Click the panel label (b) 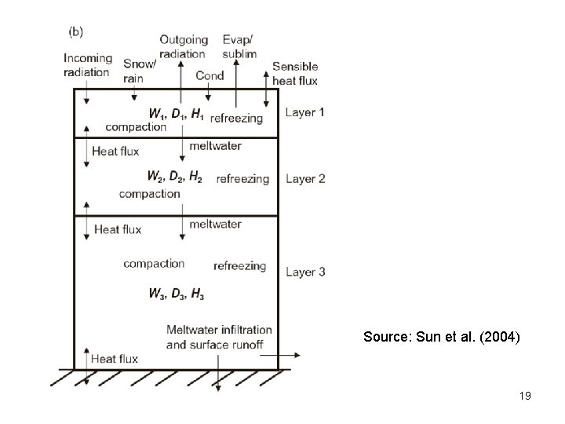pos(77,32)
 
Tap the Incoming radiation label pos(88,65)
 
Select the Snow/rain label pos(139,69)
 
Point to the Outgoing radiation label pos(184,46)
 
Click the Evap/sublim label pos(239,46)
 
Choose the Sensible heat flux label pos(296,73)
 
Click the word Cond pos(210,75)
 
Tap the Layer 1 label pos(304,112)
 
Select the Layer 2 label pos(304,179)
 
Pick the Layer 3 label pos(304,272)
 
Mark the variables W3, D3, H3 pos(177,294)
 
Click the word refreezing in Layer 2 pos(242,179)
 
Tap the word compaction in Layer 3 pos(154,264)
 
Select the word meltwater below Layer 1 pos(216,146)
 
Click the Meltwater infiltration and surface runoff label pos(219,337)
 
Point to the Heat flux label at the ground pos(115,359)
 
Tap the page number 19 pos(525,397)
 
